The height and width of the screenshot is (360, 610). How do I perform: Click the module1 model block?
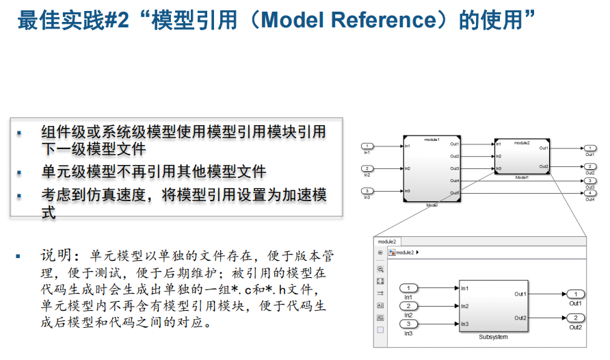point(432,168)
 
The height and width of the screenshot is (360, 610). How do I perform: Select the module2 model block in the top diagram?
point(522,157)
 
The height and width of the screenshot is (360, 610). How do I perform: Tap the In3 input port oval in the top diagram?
point(368,191)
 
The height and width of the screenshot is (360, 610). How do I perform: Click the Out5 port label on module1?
point(455,192)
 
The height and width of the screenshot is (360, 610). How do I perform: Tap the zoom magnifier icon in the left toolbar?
point(380,270)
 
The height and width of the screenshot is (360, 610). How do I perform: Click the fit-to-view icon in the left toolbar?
point(380,281)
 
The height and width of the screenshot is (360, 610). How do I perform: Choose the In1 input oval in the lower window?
point(408,289)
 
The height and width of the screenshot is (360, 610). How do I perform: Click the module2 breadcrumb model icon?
point(392,253)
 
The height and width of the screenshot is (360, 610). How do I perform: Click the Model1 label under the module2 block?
point(522,177)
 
